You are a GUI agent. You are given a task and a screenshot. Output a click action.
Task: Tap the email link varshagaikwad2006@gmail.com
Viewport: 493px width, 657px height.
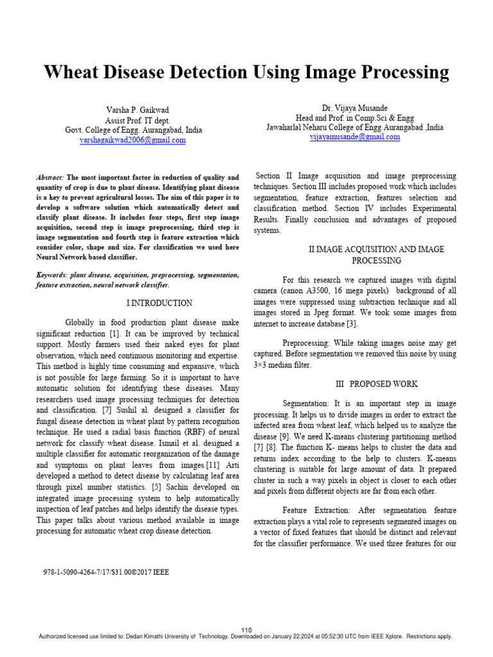[133, 139]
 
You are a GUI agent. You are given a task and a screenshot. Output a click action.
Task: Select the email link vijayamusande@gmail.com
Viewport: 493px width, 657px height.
[354, 137]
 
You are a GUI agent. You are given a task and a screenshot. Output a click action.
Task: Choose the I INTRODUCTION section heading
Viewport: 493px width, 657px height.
[157, 303]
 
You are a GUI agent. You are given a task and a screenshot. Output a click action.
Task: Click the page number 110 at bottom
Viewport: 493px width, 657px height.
[246, 629]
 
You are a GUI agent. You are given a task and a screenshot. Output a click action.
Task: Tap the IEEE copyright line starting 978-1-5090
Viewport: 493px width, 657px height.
[106, 570]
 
